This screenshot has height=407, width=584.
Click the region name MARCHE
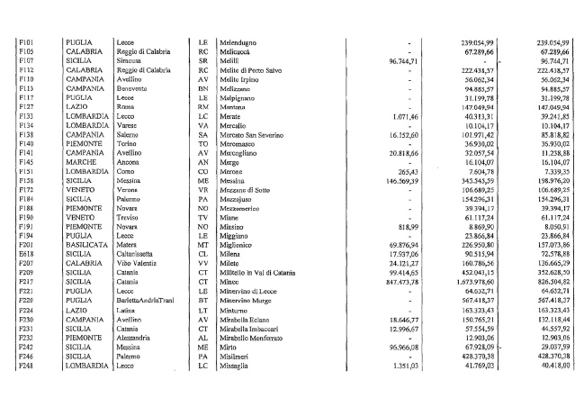tap(80, 161)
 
